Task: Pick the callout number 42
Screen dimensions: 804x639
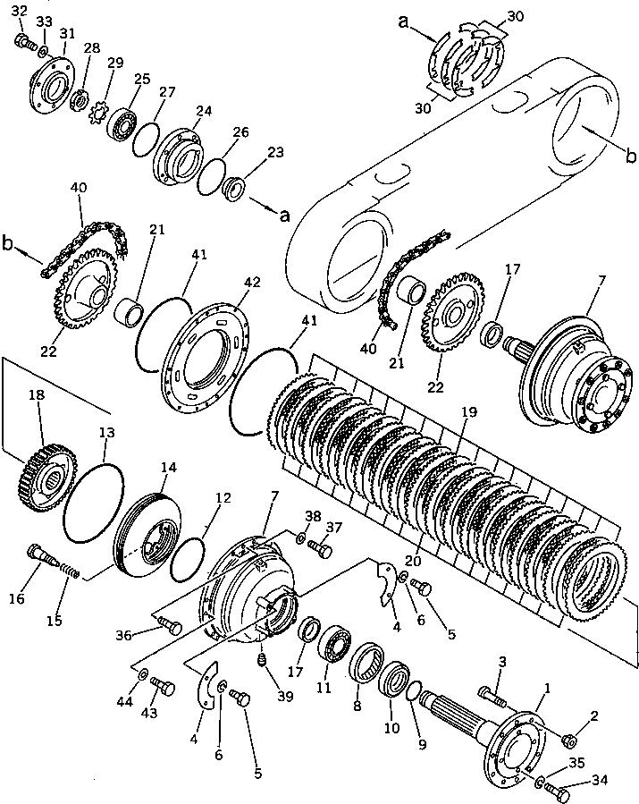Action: pyautogui.click(x=253, y=283)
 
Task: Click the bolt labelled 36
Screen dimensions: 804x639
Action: pyautogui.click(x=167, y=624)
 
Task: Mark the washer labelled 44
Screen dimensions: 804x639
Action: pyautogui.click(x=143, y=671)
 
